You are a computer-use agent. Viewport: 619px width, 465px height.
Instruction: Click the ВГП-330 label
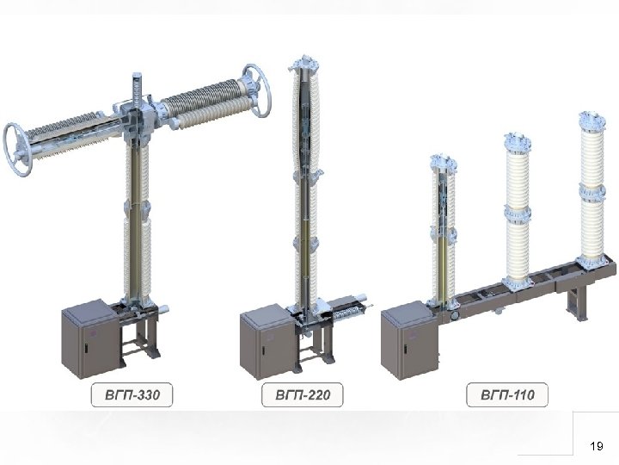(132, 394)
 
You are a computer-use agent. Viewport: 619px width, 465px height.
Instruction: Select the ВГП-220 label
(303, 394)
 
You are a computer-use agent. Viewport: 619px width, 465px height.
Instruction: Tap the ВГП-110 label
(507, 394)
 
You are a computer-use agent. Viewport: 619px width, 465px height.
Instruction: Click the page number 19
(597, 446)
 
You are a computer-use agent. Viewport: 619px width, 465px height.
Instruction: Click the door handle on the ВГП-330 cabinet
(85, 348)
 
